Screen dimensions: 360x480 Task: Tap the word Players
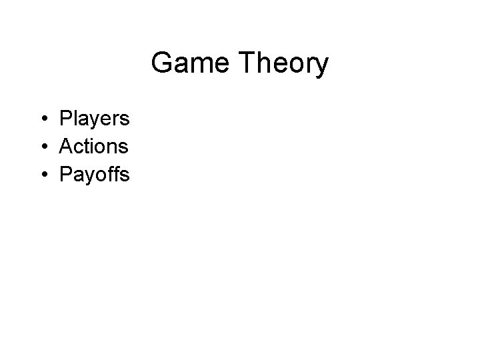(94, 119)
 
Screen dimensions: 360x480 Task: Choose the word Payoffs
(95, 175)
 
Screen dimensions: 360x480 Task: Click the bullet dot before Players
(42, 119)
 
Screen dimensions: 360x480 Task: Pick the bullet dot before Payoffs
(42, 175)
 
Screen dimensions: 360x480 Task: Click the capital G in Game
(162, 64)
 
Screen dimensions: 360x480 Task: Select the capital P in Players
(65, 119)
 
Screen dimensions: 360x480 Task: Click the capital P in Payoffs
(65, 175)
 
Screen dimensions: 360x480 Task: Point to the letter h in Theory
(256, 64)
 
